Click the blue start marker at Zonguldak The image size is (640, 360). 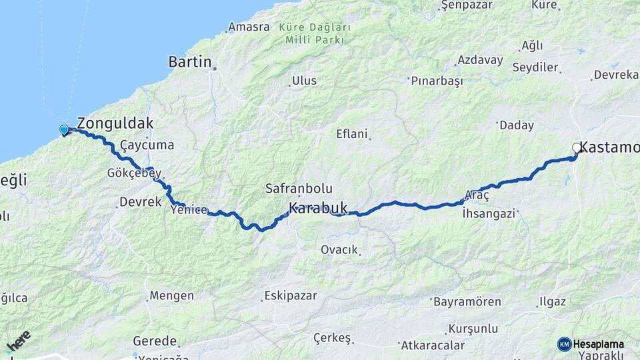(x=64, y=130)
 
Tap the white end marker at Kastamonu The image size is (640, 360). (x=577, y=148)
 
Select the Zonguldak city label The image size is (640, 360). (x=115, y=123)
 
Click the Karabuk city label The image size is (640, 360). (x=318, y=208)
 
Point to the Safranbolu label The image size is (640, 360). (x=299, y=189)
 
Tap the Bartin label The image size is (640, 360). (x=189, y=62)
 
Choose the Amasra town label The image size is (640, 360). (x=248, y=27)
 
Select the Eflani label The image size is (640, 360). (x=352, y=134)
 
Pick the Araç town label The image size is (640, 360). (x=477, y=195)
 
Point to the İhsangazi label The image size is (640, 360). (x=489, y=214)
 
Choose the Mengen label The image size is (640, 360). (x=171, y=295)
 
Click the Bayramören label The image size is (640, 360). (x=467, y=301)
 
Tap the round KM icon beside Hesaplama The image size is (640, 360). (x=564, y=344)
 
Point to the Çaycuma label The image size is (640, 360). (x=147, y=145)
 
